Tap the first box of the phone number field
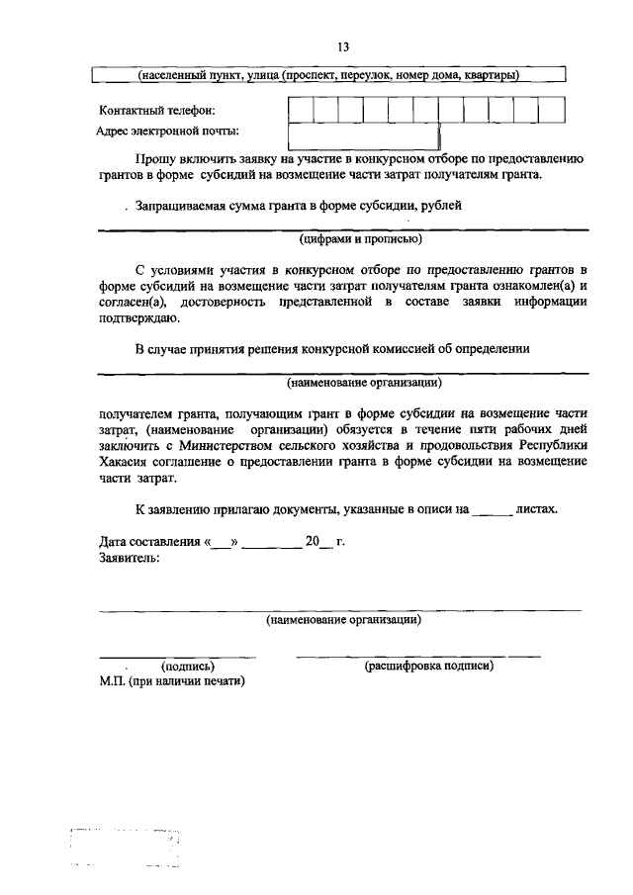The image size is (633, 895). pos(301,110)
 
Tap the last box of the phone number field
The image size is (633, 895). pos(552,110)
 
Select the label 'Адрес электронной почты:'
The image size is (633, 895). pos(167,131)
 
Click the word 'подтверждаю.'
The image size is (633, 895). pos(139,318)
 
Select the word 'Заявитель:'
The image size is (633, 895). pos(130,558)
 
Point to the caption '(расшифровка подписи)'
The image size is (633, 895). pos(428,667)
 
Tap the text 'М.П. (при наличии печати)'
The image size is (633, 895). pos(172,681)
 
